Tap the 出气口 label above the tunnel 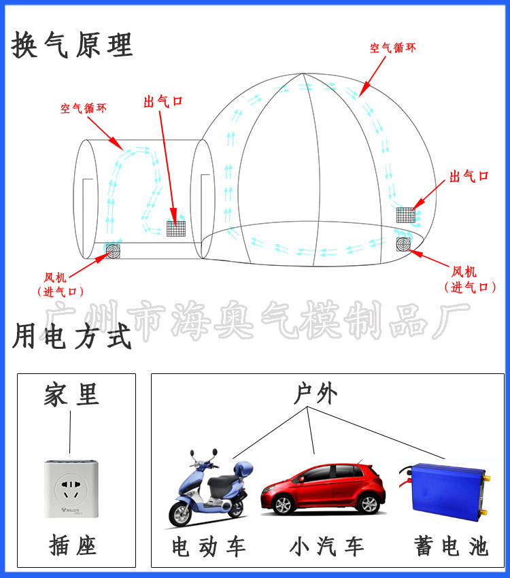coord(163,102)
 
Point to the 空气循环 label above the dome coord(392,48)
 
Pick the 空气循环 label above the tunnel coord(83,108)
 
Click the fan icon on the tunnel coord(112,252)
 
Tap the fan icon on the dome coord(405,243)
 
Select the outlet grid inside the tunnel coord(176,228)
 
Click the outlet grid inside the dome coord(406,215)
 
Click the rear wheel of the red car coord(369,503)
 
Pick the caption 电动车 coord(208,546)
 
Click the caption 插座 coord(73,545)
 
